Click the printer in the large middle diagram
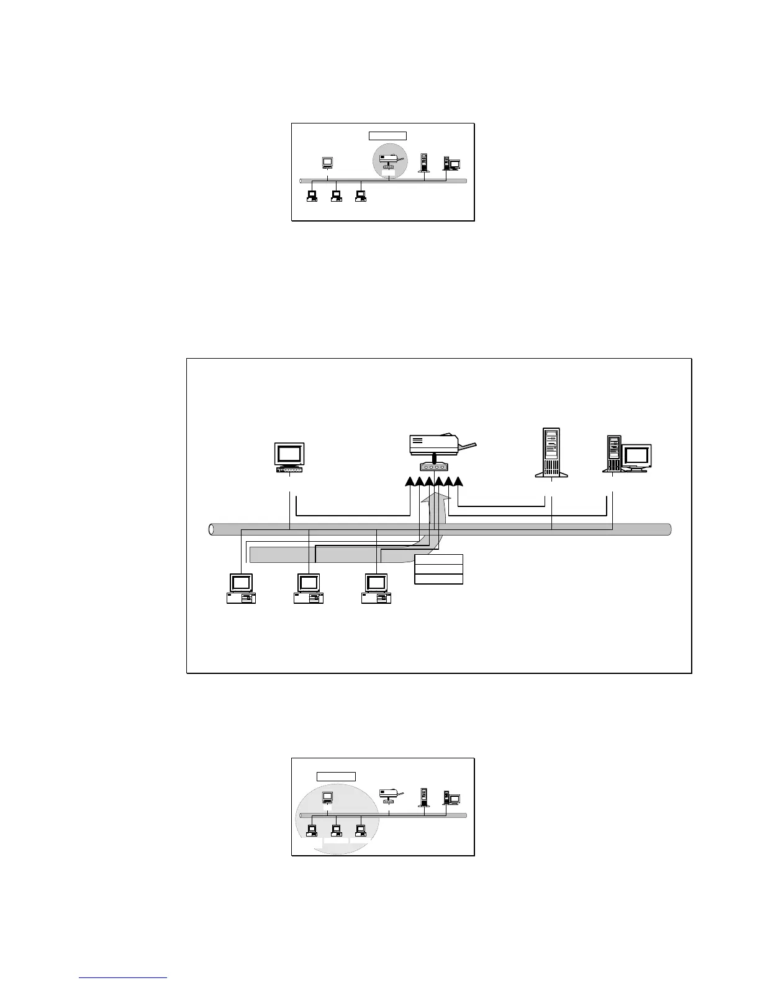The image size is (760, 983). point(435,445)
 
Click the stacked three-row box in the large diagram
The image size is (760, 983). point(438,569)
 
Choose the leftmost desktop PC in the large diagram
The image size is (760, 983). point(241,589)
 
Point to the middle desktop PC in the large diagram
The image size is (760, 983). point(309,589)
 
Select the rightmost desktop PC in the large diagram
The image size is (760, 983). point(376,589)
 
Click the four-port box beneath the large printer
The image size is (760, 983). point(434,467)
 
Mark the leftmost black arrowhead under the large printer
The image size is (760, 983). point(410,483)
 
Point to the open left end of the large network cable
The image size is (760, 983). point(212,529)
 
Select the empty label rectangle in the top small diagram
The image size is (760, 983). point(387,136)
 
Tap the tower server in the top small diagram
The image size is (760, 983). point(424,163)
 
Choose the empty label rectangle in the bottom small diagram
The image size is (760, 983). point(336,776)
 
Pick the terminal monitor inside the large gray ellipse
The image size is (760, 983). point(327,797)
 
